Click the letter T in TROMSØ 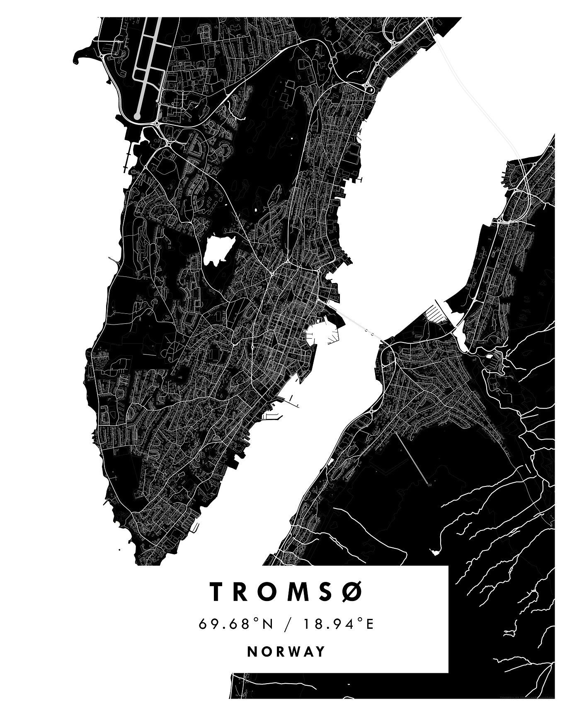click(218, 591)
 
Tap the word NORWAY click(286, 651)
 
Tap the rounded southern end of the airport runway click(137, 116)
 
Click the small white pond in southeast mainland click(435, 552)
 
